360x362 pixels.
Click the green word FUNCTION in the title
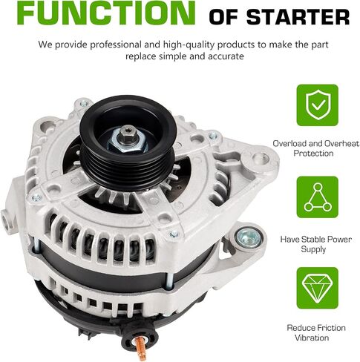106,13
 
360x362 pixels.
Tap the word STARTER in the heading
298,17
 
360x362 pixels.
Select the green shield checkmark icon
318,105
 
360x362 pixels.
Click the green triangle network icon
318,197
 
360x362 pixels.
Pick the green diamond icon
318,288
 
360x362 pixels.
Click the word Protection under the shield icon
313,154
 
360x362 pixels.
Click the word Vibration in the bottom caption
312,338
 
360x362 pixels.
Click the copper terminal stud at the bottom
140,348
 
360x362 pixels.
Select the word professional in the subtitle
108,45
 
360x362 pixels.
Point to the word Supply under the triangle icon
313,249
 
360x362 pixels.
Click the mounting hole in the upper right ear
261,157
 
